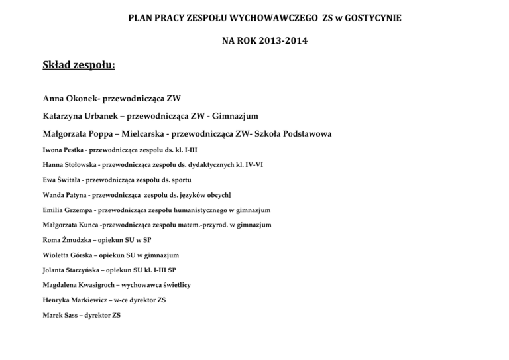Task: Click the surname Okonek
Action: (85, 99)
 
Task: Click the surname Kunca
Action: (84, 225)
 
